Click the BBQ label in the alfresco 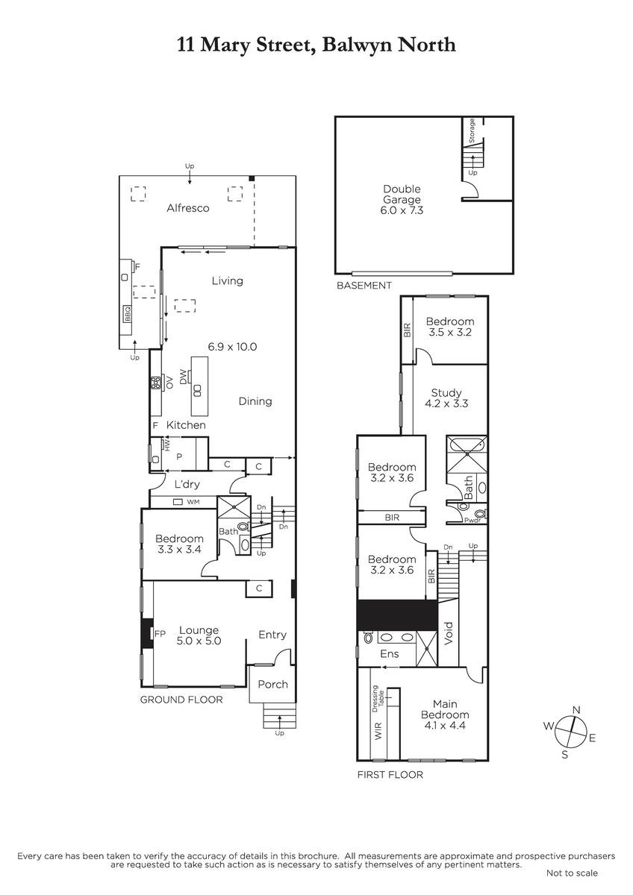coord(128,314)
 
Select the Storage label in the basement coord(472,131)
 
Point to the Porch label coord(272,684)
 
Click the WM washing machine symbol coord(178,501)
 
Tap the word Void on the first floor coord(449,633)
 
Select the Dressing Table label coord(378,699)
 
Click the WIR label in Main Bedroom coord(378,730)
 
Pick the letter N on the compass coord(576,709)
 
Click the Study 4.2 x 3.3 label coord(446,398)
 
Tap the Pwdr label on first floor coord(473,521)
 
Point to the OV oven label coord(169,383)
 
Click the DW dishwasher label coord(183,377)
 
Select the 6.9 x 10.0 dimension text coord(232,346)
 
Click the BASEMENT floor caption coord(364,285)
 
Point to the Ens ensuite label coord(390,653)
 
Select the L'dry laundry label coord(187,485)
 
